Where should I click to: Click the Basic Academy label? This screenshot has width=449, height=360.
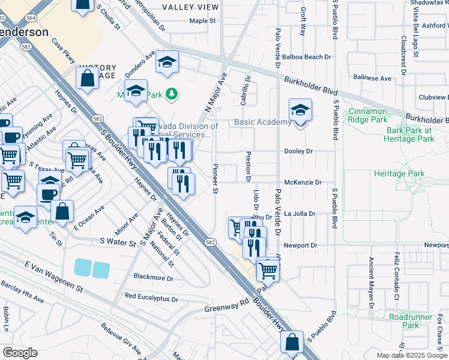coord(262,122)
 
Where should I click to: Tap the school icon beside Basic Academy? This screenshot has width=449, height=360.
coord(300,110)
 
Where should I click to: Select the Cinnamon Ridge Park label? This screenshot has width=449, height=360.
coord(376,116)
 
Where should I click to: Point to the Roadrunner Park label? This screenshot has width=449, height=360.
coord(403,320)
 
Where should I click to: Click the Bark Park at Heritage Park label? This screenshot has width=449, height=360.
coord(410,134)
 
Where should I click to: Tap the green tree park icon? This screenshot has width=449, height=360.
coord(172,94)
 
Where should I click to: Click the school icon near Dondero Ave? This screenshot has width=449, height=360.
coord(167,62)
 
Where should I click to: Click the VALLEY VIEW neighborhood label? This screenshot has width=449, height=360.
coord(191,7)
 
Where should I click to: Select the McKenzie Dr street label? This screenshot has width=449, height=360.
coord(303,182)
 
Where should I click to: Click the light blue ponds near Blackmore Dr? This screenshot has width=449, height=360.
coord(92,269)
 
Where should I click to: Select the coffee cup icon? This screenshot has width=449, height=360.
coord(48,194)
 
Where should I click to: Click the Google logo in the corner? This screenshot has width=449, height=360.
coord(20,353)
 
